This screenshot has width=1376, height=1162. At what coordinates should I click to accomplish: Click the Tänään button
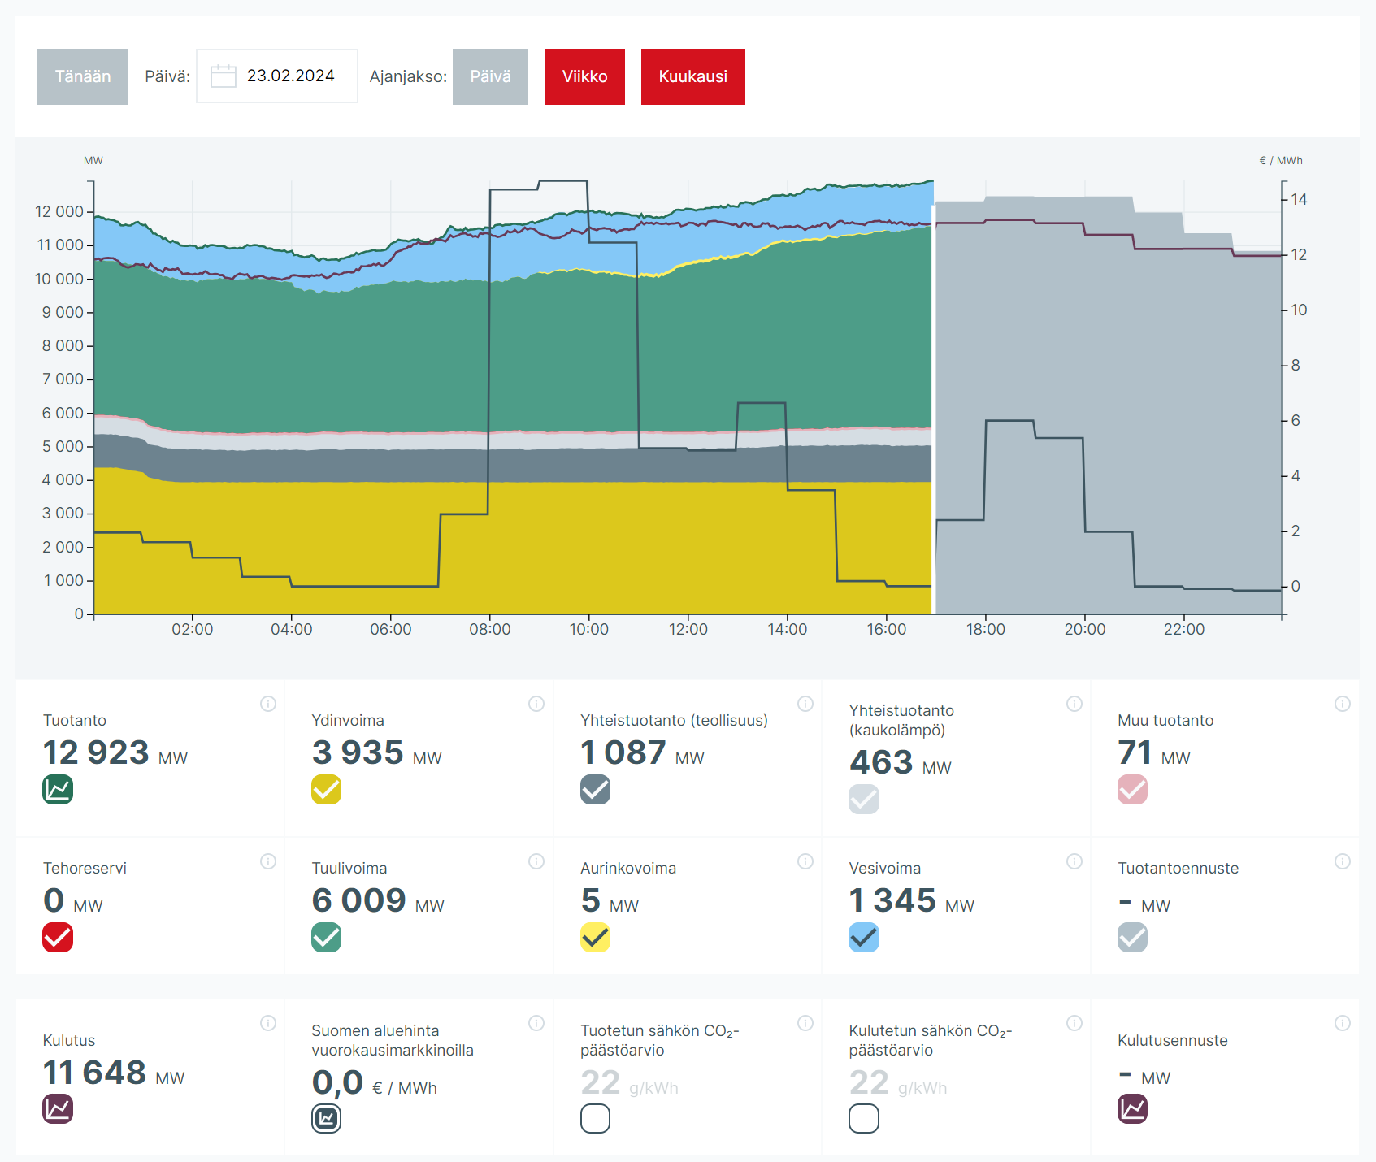click(x=83, y=76)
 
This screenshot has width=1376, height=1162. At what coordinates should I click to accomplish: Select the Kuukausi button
click(x=692, y=76)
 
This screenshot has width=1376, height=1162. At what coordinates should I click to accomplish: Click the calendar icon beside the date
click(x=223, y=76)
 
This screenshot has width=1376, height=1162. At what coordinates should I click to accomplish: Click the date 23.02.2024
click(x=290, y=76)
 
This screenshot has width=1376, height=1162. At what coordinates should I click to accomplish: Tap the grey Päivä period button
click(x=490, y=76)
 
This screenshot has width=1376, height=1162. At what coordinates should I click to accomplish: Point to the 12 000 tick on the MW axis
click(x=59, y=211)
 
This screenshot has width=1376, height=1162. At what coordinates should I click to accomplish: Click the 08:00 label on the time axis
click(x=489, y=629)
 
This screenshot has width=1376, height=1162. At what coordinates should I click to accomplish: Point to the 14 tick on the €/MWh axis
click(x=1299, y=199)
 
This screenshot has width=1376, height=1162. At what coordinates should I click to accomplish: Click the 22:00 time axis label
click(x=1183, y=629)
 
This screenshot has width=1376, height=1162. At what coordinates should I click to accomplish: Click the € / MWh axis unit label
click(x=1280, y=160)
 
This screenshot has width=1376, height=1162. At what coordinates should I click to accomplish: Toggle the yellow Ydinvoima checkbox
click(x=326, y=789)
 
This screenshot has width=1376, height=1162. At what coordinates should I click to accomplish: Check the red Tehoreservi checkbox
click(x=58, y=937)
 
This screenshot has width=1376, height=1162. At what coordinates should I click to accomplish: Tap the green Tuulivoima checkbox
click(x=326, y=937)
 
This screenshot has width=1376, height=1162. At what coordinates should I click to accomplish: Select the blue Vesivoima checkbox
click(x=863, y=937)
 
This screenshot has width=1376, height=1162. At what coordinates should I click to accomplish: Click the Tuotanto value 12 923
click(x=96, y=752)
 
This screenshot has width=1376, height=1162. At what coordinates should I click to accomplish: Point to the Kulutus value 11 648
click(x=94, y=1073)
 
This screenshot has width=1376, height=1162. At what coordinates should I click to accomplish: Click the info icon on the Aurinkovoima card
click(x=805, y=861)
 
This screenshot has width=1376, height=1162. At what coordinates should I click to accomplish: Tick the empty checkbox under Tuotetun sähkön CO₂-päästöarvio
click(x=595, y=1119)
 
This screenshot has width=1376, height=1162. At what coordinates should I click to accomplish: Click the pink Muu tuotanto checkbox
click(x=1132, y=789)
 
